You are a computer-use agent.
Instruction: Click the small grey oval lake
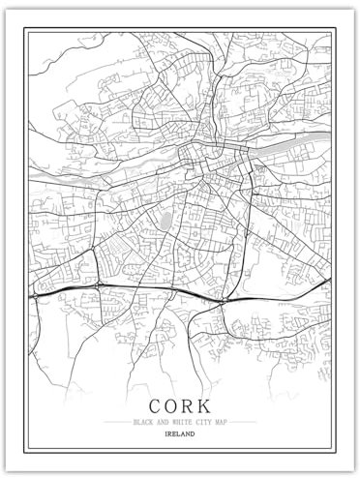165,222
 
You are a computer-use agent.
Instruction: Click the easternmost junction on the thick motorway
222,301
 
